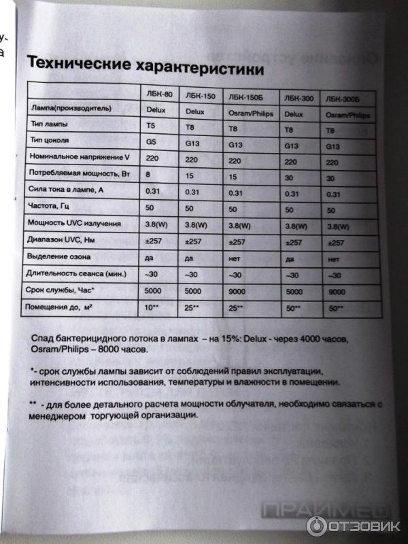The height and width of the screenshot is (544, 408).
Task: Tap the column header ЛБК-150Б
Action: point(247,97)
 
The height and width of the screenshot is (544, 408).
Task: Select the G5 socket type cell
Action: point(151,141)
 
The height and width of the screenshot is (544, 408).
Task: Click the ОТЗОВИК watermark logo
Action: point(354,525)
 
